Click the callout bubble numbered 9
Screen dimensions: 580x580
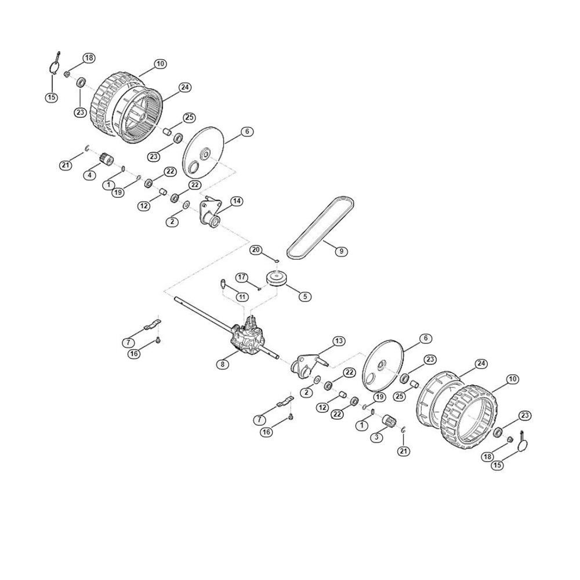[x=341, y=251]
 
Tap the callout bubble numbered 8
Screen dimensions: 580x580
[x=223, y=364]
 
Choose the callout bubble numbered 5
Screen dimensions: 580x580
[x=305, y=296]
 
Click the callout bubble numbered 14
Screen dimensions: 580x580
[x=237, y=201]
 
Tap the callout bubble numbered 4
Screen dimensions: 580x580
[x=90, y=175]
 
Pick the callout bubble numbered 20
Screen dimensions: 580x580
[x=256, y=250]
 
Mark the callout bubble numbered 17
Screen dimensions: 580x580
[x=242, y=277]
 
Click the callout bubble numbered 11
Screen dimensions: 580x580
[x=242, y=296]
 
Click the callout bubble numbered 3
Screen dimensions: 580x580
[x=376, y=437]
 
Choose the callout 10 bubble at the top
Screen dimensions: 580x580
[x=160, y=64]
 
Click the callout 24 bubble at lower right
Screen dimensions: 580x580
[x=481, y=364]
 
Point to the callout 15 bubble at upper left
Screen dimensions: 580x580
[x=52, y=97]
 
